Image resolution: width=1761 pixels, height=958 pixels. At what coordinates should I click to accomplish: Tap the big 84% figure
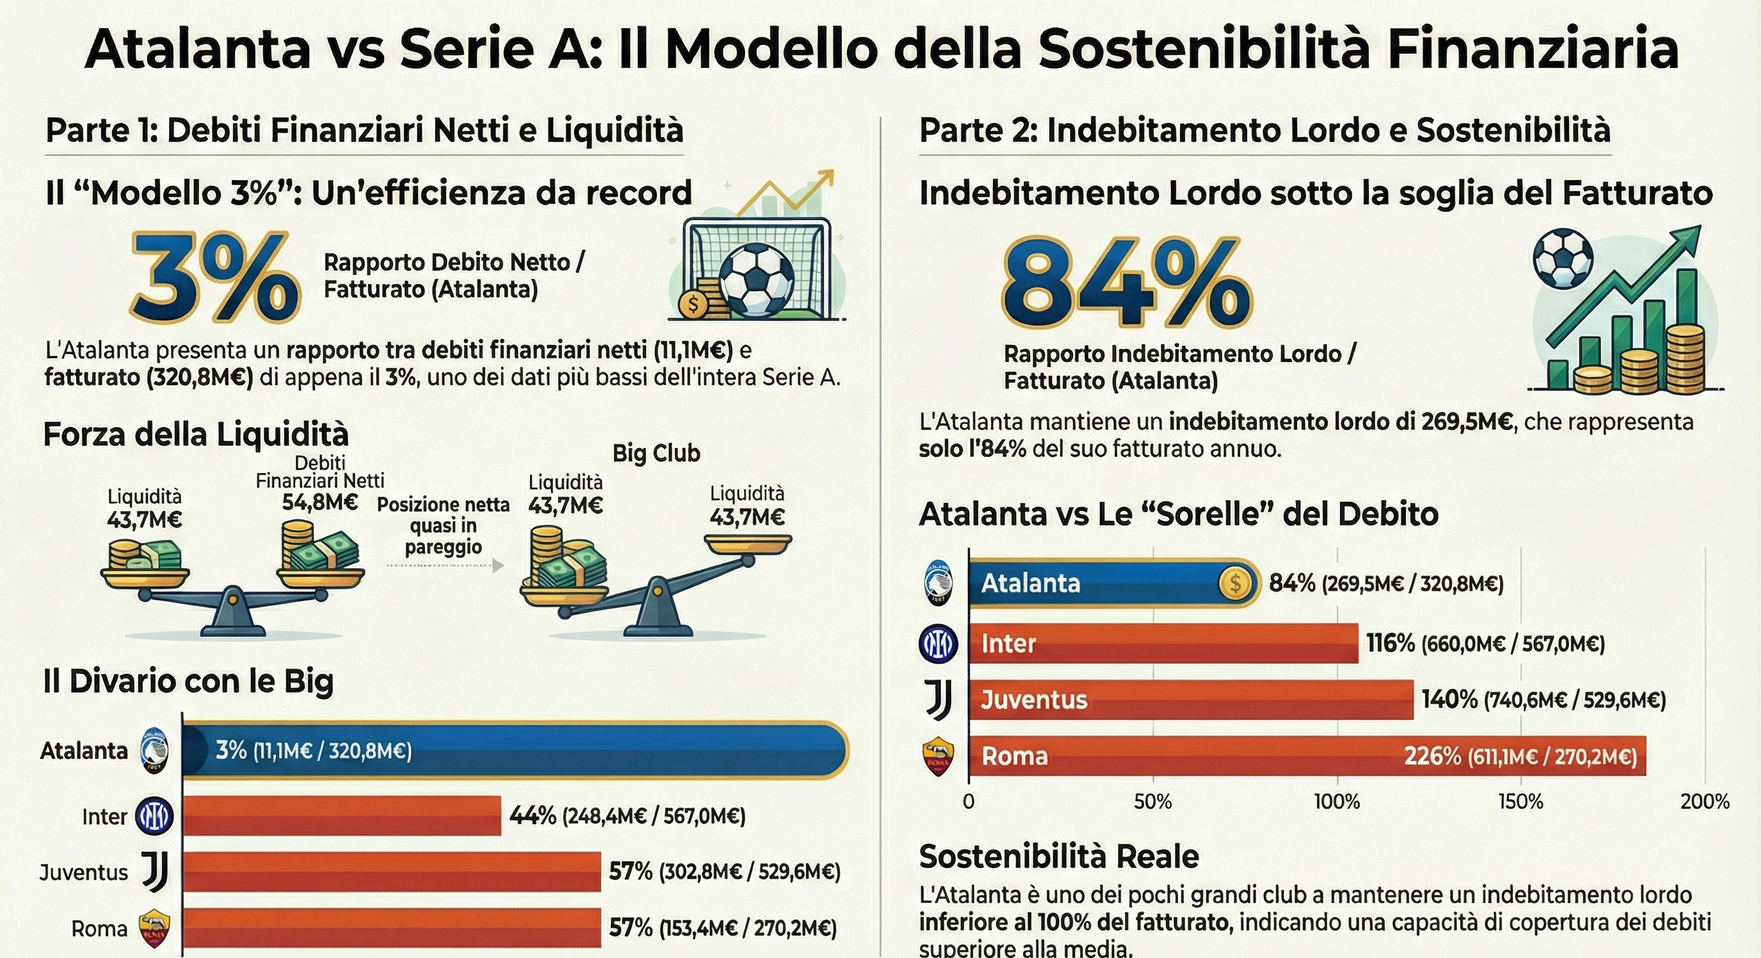(x=1126, y=282)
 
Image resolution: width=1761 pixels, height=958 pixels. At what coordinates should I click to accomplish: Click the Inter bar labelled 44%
(x=342, y=816)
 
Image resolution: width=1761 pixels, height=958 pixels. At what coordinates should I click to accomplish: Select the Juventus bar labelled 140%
(x=1190, y=699)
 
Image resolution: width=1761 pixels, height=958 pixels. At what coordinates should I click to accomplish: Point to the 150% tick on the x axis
(x=1520, y=801)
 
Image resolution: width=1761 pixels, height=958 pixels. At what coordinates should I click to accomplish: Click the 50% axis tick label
(x=1152, y=801)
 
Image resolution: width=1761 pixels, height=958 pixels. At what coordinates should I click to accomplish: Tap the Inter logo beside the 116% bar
(x=938, y=643)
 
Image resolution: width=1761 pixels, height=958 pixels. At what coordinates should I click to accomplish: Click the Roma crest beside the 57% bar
(x=154, y=928)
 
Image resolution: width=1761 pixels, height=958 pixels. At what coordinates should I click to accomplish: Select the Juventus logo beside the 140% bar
(x=938, y=699)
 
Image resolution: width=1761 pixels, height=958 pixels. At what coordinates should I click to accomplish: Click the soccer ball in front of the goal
(x=757, y=280)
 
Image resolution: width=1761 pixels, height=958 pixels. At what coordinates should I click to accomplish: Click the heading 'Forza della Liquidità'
(x=196, y=435)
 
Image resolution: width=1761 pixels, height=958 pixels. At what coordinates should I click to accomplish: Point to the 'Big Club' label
(x=657, y=453)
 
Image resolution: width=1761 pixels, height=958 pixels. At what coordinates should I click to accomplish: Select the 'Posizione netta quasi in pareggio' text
(x=443, y=525)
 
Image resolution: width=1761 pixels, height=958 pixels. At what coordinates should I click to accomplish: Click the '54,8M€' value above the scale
(x=320, y=502)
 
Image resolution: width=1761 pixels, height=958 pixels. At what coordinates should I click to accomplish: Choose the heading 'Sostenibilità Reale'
(x=1059, y=856)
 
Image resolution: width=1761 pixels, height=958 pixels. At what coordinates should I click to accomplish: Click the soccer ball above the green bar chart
(x=1563, y=259)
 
